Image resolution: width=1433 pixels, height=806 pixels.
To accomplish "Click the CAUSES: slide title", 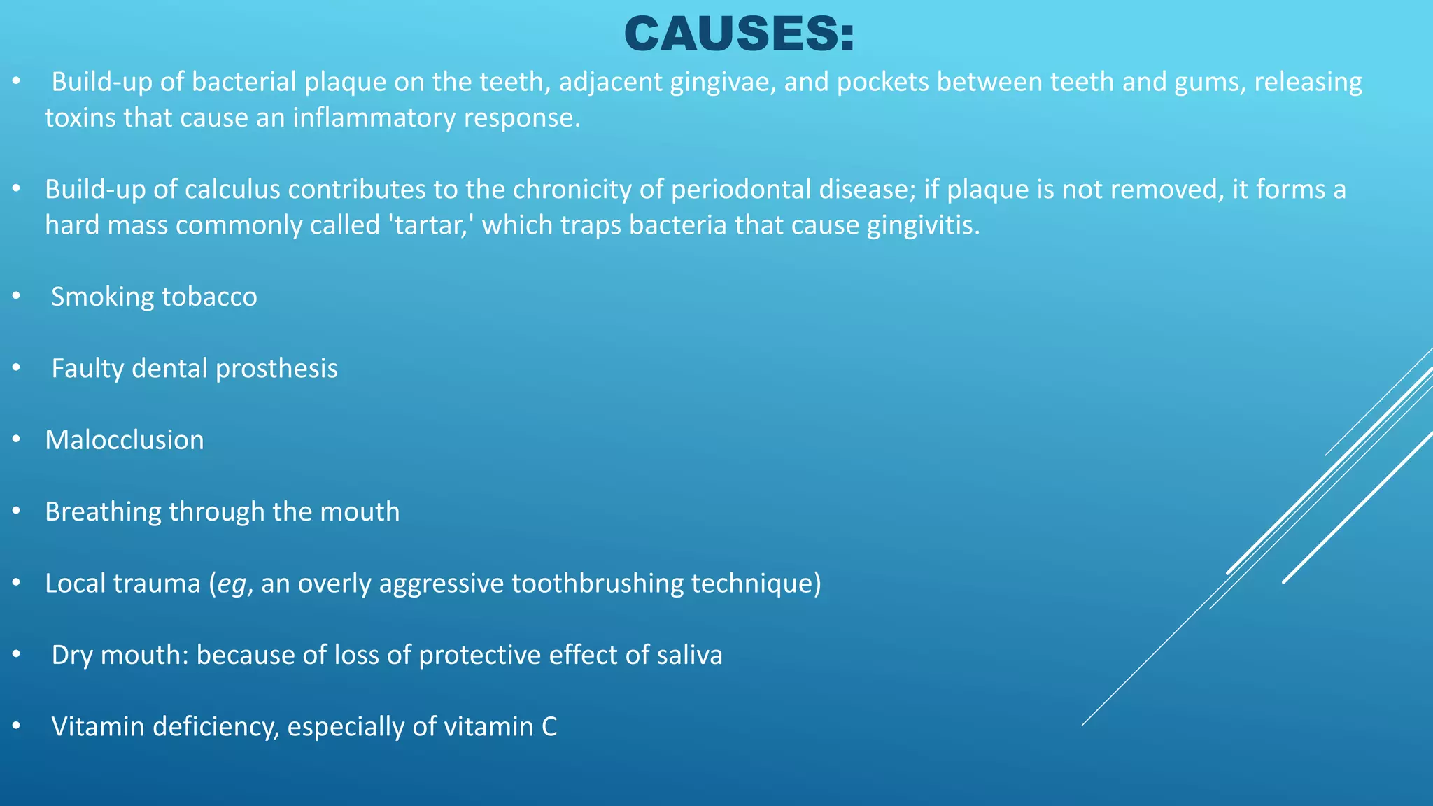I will (x=739, y=34).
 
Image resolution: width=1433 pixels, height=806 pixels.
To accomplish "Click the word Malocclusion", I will (x=125, y=440).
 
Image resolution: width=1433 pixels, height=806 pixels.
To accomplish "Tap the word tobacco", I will (x=209, y=297).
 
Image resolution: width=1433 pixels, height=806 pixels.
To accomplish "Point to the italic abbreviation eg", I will (x=232, y=584).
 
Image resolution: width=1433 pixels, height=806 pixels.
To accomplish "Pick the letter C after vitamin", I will (x=549, y=727).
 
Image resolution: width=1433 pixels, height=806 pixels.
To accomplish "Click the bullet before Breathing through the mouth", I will (x=17, y=512).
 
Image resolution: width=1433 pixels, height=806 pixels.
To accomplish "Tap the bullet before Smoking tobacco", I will (x=17, y=297).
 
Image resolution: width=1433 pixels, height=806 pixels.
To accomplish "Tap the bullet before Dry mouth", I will (x=17, y=656).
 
